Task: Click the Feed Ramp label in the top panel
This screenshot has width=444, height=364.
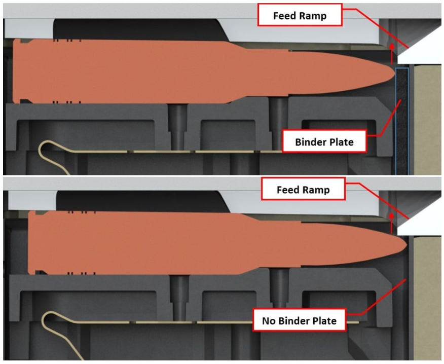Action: click(x=300, y=16)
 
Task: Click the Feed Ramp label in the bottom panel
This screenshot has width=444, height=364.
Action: click(x=303, y=191)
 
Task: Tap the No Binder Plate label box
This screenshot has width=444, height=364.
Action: click(x=299, y=321)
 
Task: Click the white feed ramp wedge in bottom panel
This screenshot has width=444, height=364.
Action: click(x=424, y=226)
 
